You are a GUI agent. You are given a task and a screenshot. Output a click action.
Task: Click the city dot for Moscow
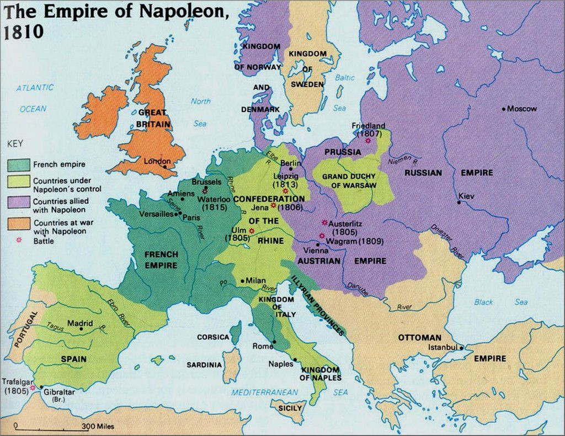pyautogui.click(x=504, y=109)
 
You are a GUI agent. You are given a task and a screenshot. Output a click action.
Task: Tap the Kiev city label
pyautogui.click(x=466, y=195)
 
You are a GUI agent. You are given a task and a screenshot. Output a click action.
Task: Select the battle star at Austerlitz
pyautogui.click(x=324, y=223)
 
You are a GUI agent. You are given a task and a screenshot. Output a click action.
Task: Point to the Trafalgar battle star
pyautogui.click(x=33, y=388)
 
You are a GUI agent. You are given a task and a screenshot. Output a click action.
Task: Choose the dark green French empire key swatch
pyautogui.click(x=19, y=164)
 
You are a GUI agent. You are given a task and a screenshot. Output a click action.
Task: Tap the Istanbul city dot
pyautogui.click(x=461, y=348)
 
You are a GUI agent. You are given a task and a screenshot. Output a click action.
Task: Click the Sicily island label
pyautogui.click(x=290, y=408)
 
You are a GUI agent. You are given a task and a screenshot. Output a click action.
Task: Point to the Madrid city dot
pyautogui.click(x=81, y=328)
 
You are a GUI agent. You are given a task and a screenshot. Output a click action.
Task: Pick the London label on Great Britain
pyautogui.click(x=154, y=161)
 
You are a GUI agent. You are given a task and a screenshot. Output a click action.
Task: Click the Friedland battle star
pyautogui.click(x=367, y=141)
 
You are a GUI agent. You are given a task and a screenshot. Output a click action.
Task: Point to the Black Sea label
pyautogui.click(x=500, y=302)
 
